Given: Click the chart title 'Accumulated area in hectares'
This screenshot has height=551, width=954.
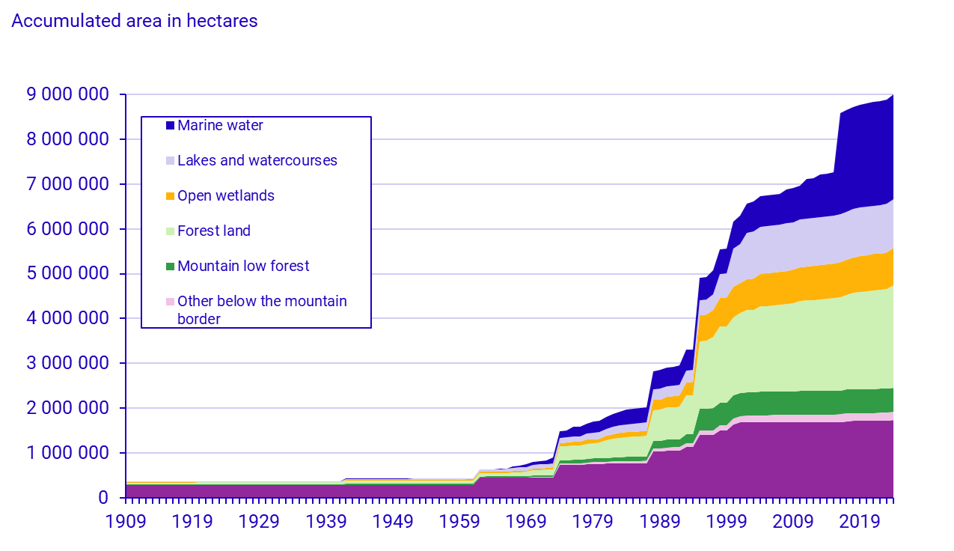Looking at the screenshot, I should pyautogui.click(x=135, y=21).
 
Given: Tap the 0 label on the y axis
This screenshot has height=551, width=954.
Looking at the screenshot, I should pyautogui.click(x=104, y=499).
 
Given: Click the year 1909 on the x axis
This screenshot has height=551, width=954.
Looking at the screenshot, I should pyautogui.click(x=126, y=521).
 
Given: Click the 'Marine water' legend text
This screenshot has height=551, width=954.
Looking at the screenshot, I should pyautogui.click(x=220, y=126).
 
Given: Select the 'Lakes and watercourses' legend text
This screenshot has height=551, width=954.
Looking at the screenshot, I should pyautogui.click(x=257, y=161).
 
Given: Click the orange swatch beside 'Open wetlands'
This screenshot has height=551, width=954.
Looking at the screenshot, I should pyautogui.click(x=170, y=196).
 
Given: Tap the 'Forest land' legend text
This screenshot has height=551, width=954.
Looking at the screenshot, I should pyautogui.click(x=214, y=231).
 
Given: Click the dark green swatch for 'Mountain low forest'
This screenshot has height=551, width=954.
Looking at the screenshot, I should pyautogui.click(x=170, y=267).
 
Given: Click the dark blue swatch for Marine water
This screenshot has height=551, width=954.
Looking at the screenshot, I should pyautogui.click(x=170, y=126).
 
